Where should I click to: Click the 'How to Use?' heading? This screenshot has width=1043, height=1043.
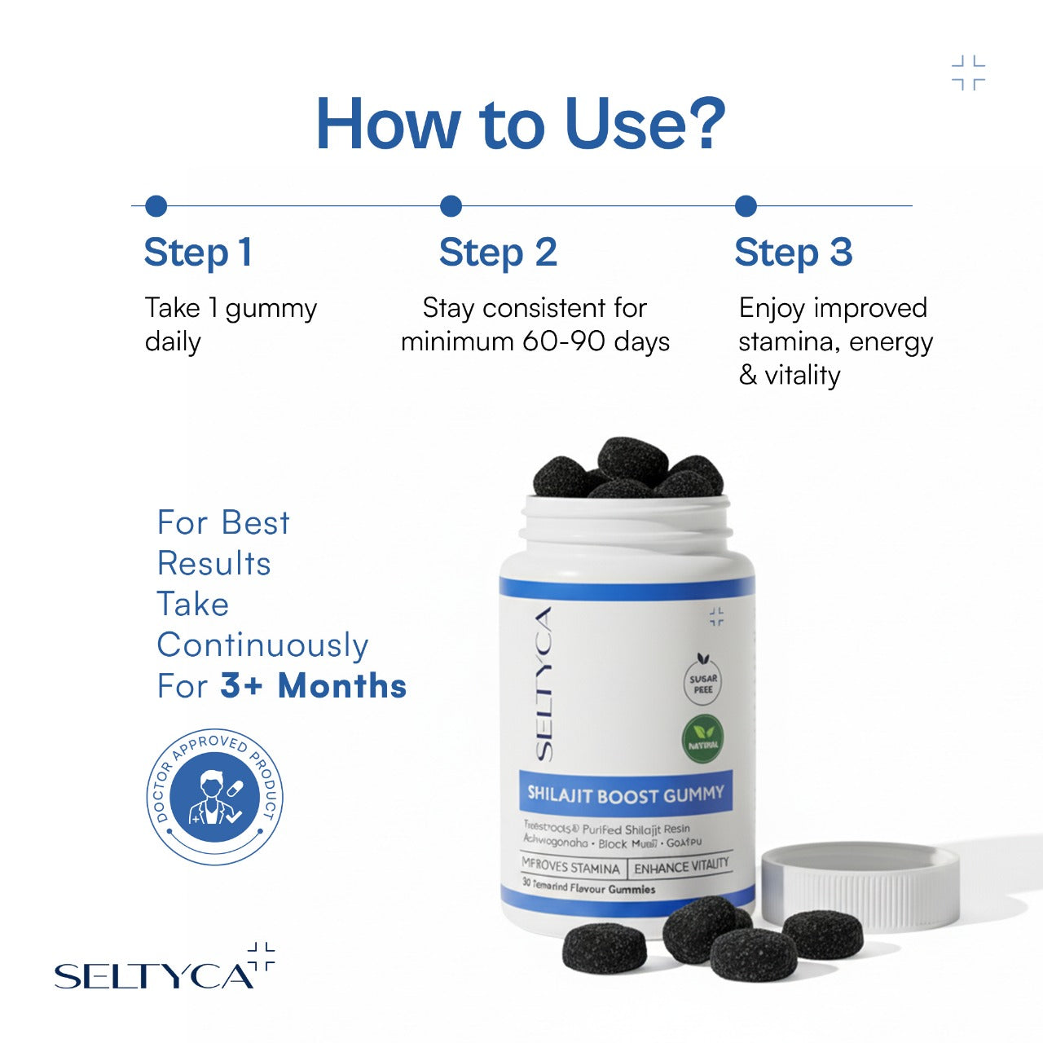(x=520, y=124)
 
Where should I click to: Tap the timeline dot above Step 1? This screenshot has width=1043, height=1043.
(x=156, y=206)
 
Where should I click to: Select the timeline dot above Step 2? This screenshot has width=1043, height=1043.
(x=451, y=206)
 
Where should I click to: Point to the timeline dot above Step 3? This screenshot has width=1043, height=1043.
(x=746, y=206)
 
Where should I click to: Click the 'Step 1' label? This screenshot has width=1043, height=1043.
(x=198, y=253)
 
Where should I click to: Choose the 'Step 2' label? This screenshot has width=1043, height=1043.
(x=498, y=253)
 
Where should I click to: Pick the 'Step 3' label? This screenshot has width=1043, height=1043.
(x=793, y=253)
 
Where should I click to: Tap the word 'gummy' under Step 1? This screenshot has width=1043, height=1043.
(x=271, y=310)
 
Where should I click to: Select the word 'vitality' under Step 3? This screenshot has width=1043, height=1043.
(x=802, y=376)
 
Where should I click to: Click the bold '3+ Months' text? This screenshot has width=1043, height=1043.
(x=314, y=686)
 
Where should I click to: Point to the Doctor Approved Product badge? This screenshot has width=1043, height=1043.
(x=215, y=796)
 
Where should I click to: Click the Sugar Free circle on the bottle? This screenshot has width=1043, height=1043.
(x=703, y=684)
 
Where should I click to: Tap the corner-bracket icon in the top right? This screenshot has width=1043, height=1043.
(x=968, y=73)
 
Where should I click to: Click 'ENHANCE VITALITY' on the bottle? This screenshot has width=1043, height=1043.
(x=681, y=867)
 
